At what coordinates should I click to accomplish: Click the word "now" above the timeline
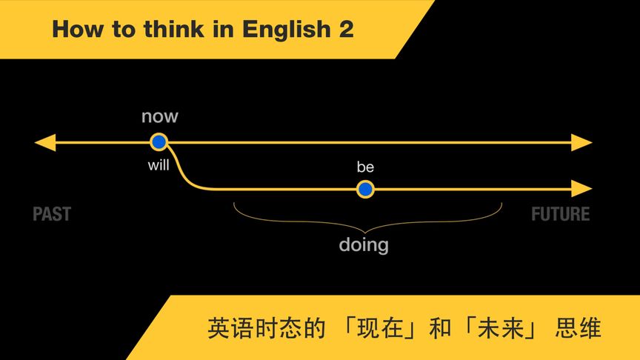(160, 116)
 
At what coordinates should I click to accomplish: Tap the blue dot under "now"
(159, 142)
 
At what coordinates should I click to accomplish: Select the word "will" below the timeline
(159, 165)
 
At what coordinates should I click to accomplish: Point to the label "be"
(365, 167)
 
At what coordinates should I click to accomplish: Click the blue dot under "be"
(364, 190)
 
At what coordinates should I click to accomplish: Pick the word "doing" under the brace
(364, 244)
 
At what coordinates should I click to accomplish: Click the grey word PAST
(52, 215)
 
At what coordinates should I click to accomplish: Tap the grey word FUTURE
(561, 215)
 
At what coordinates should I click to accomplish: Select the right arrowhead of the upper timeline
(582, 142)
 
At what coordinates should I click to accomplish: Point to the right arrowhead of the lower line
(582, 189)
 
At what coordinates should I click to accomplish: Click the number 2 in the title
(345, 30)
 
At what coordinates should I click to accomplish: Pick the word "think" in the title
(177, 30)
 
